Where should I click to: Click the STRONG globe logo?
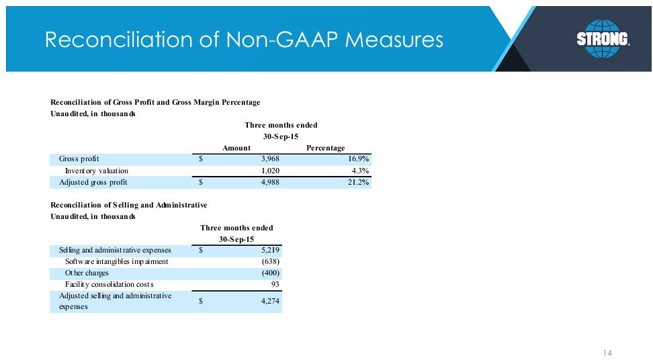click(x=603, y=38)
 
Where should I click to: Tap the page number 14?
click(x=607, y=353)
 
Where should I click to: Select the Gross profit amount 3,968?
click(x=270, y=159)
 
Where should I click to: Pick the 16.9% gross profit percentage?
click(x=359, y=159)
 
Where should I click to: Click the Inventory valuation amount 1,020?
click(x=270, y=171)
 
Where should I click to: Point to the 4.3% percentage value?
click(x=361, y=171)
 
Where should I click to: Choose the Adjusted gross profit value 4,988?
click(x=270, y=182)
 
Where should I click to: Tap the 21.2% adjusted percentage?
click(x=359, y=182)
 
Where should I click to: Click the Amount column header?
click(x=236, y=148)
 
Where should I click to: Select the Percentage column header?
click(x=326, y=148)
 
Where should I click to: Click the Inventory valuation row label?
click(x=97, y=171)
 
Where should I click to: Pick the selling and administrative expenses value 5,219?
click(x=270, y=250)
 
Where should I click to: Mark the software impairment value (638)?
click(x=271, y=261)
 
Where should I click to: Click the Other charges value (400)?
click(x=271, y=273)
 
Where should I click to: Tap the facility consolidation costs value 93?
click(x=275, y=284)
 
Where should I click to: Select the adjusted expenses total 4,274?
click(x=270, y=301)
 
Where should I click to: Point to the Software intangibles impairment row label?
click(x=117, y=261)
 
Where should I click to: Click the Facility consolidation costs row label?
click(x=109, y=284)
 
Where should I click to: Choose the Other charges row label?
click(x=87, y=273)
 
